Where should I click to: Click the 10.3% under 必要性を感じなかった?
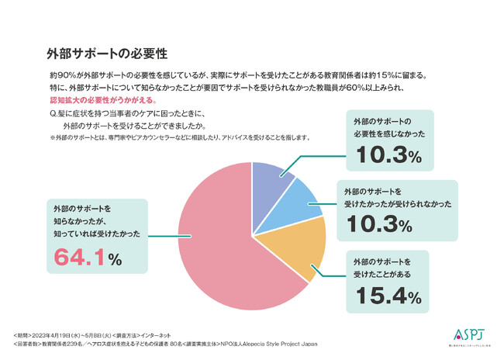pyautogui.click(x=388, y=156)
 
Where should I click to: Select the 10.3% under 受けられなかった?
pyautogui.click(x=388, y=225)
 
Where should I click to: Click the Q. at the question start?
pyautogui.click(x=53, y=113)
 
